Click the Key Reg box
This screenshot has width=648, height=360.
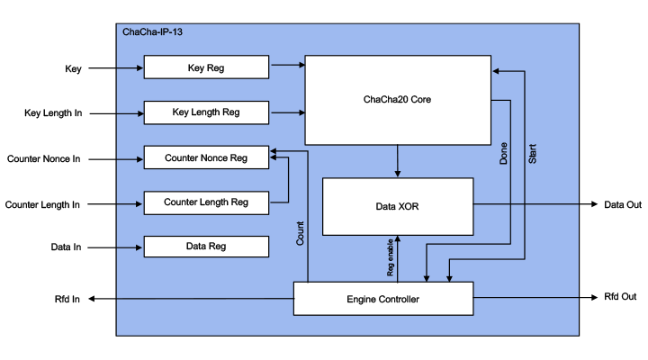[206, 67]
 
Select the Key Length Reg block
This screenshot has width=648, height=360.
[206, 112]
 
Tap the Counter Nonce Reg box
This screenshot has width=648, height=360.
[206, 157]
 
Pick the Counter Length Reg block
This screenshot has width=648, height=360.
[206, 202]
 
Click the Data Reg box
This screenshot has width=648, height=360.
[206, 246]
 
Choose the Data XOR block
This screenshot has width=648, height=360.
[397, 207]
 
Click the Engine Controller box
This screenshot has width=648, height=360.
[383, 298]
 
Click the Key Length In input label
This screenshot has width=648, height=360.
[53, 113]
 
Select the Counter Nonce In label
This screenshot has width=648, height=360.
[44, 158]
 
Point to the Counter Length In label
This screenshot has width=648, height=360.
[42, 204]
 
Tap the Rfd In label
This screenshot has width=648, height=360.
[67, 300]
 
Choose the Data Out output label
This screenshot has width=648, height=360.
[622, 205]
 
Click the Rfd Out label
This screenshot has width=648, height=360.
[620, 297]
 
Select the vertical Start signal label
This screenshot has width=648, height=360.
[532, 152]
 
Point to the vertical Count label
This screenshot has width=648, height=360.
[301, 233]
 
